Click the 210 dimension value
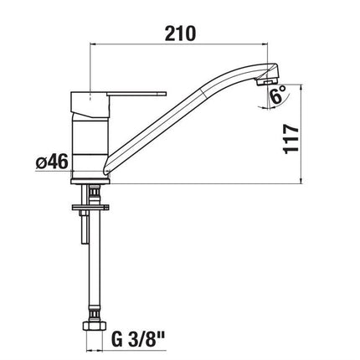(180, 33)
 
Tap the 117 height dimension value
(291, 139)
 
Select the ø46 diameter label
(52, 162)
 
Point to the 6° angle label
(278, 95)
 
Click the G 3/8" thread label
(137, 339)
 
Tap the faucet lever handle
(136, 94)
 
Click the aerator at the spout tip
(266, 82)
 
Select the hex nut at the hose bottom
(94, 326)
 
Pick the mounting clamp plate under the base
(90, 207)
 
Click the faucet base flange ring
(90, 181)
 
